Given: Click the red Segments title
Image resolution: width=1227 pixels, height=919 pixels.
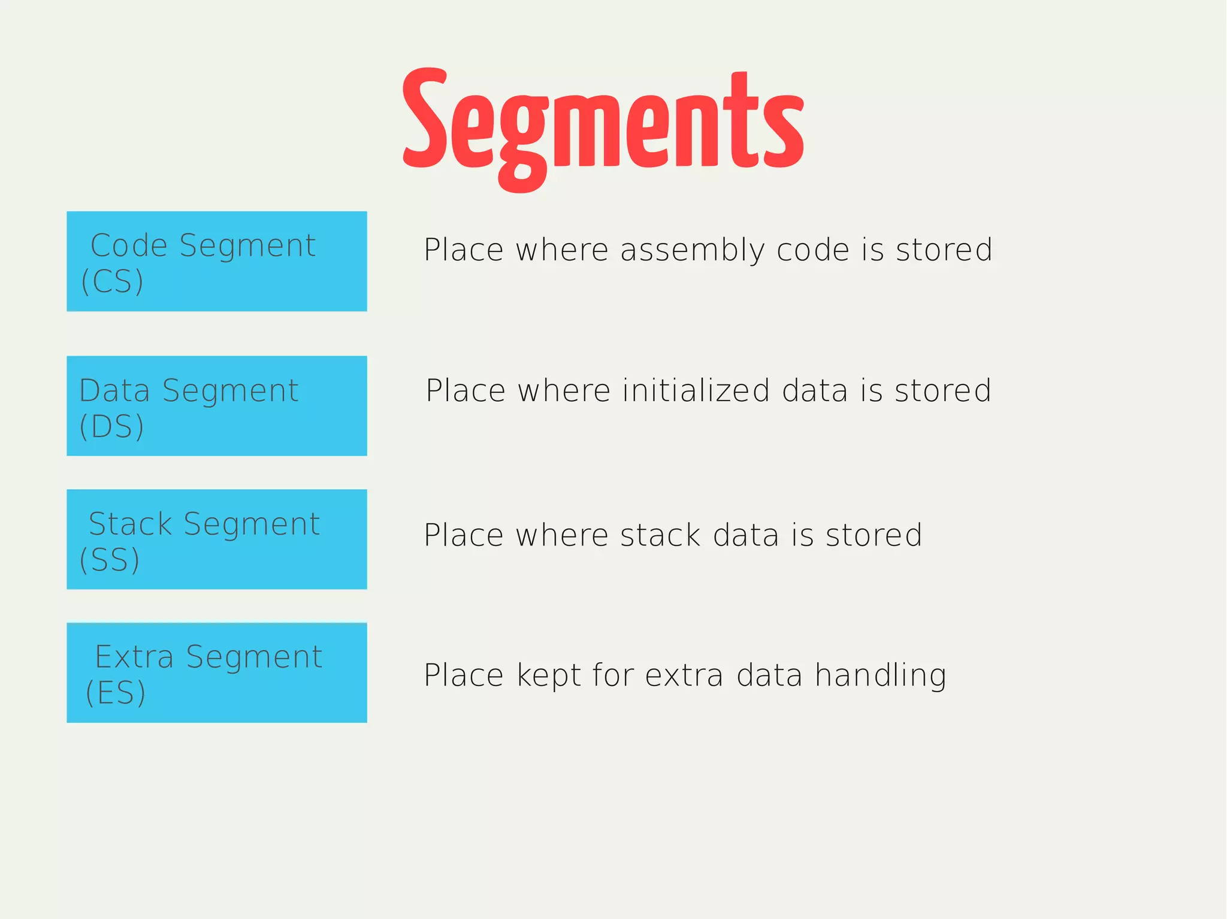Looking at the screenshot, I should (603, 123).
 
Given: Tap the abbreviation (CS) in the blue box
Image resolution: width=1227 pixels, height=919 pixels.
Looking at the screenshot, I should (112, 281).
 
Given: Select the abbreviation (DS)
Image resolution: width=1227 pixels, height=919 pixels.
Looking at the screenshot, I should (111, 427).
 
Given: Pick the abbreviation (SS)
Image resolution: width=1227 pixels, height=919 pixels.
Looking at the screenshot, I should (110, 560).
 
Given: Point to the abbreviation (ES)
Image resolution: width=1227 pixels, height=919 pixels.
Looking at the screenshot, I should (116, 693).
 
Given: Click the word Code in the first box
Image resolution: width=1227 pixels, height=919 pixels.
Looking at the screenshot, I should (129, 245).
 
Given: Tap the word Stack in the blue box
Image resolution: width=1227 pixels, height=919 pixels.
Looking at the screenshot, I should (130, 524).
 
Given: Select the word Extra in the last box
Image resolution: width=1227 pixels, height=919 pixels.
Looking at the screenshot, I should (134, 657).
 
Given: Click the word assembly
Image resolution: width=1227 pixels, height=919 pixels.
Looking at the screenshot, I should (692, 250).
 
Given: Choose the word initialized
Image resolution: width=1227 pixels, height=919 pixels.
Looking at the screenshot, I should (696, 391).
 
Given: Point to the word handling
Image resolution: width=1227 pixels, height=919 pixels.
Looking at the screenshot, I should (880, 676).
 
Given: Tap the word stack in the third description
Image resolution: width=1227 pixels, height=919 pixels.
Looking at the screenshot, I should (660, 535).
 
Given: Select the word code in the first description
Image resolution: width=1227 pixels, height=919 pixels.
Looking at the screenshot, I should (813, 250).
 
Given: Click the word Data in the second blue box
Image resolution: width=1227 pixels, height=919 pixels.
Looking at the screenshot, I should (114, 391).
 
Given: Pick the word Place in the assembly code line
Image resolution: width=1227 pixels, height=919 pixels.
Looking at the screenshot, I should (463, 250).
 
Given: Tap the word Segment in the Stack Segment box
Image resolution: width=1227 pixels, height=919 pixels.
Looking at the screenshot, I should (252, 524).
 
